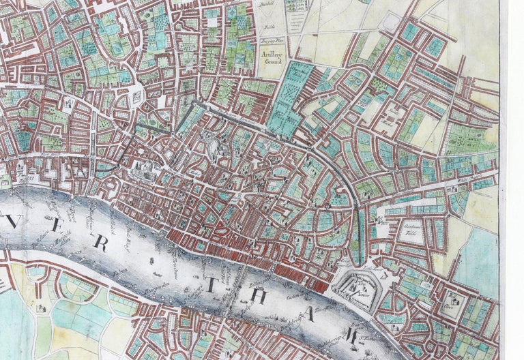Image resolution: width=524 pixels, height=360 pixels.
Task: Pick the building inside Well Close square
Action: [451, 299]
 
